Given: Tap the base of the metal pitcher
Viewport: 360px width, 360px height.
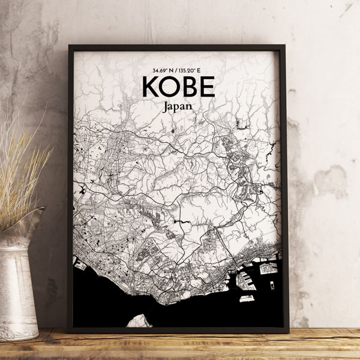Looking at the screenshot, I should (18, 330).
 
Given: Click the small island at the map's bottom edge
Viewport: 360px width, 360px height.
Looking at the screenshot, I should (140, 321).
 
